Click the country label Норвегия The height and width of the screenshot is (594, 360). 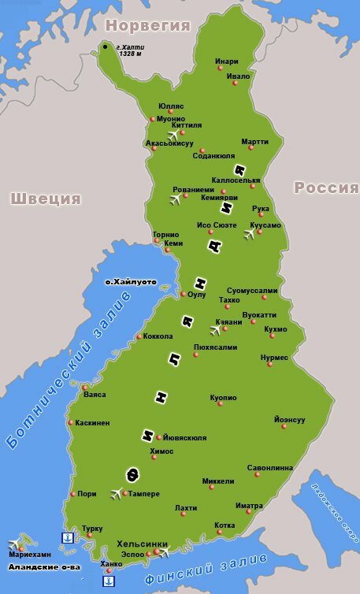point(150,25)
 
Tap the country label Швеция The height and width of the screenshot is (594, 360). point(46,198)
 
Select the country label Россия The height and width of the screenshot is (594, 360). point(325,187)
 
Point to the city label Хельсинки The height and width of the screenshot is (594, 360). point(142,544)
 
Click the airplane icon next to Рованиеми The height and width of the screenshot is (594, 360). point(176,198)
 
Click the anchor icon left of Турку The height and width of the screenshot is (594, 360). point(67,537)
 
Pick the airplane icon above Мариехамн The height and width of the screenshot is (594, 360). point(15,544)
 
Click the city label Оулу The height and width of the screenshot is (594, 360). point(197,295)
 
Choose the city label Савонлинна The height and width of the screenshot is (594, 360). point(269,466)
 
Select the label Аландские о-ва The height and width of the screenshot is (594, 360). point(43,566)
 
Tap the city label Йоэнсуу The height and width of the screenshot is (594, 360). point(289,419)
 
